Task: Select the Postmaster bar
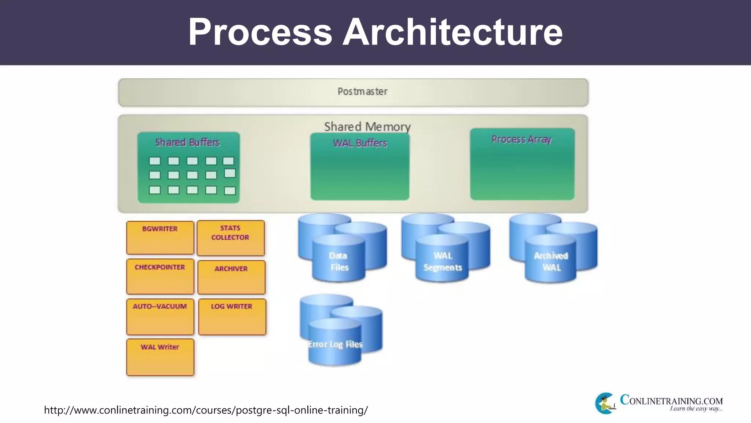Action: pos(353,92)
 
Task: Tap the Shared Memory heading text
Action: pos(367,127)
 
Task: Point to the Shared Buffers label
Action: pos(187,142)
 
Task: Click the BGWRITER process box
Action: pos(160,238)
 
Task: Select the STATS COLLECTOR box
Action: pos(230,238)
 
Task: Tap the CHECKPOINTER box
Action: pos(160,276)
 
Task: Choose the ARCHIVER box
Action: pos(231,277)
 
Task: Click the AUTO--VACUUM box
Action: pos(160,317)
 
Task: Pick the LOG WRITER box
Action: pos(232,317)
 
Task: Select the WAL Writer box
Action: pos(160,357)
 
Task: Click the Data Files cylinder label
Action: pos(338,261)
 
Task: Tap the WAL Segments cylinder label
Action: pos(443,261)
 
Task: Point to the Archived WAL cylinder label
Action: pos(551,261)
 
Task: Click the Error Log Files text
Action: pos(335,344)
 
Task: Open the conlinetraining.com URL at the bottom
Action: pos(206,410)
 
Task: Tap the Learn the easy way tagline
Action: pos(696,409)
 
